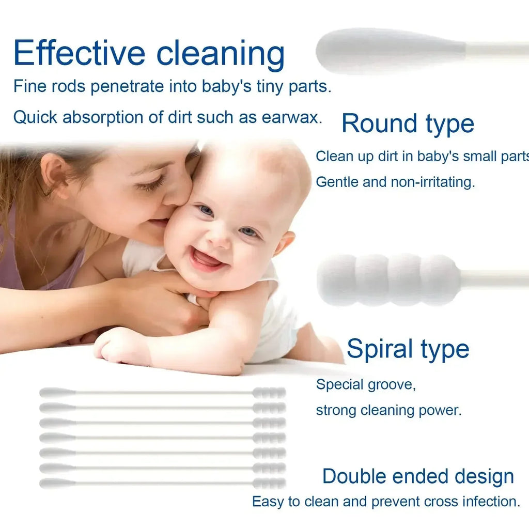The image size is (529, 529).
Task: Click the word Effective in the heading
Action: click(79, 53)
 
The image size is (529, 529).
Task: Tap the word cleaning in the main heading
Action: click(221, 54)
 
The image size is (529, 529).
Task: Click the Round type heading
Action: click(408, 124)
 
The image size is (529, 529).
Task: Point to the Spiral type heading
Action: click(408, 349)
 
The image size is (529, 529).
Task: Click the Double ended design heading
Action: click(418, 476)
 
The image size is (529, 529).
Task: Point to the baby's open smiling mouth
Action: click(207, 258)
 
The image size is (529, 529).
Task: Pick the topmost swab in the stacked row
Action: click(162, 393)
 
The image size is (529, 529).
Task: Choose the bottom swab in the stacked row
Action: click(162, 484)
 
